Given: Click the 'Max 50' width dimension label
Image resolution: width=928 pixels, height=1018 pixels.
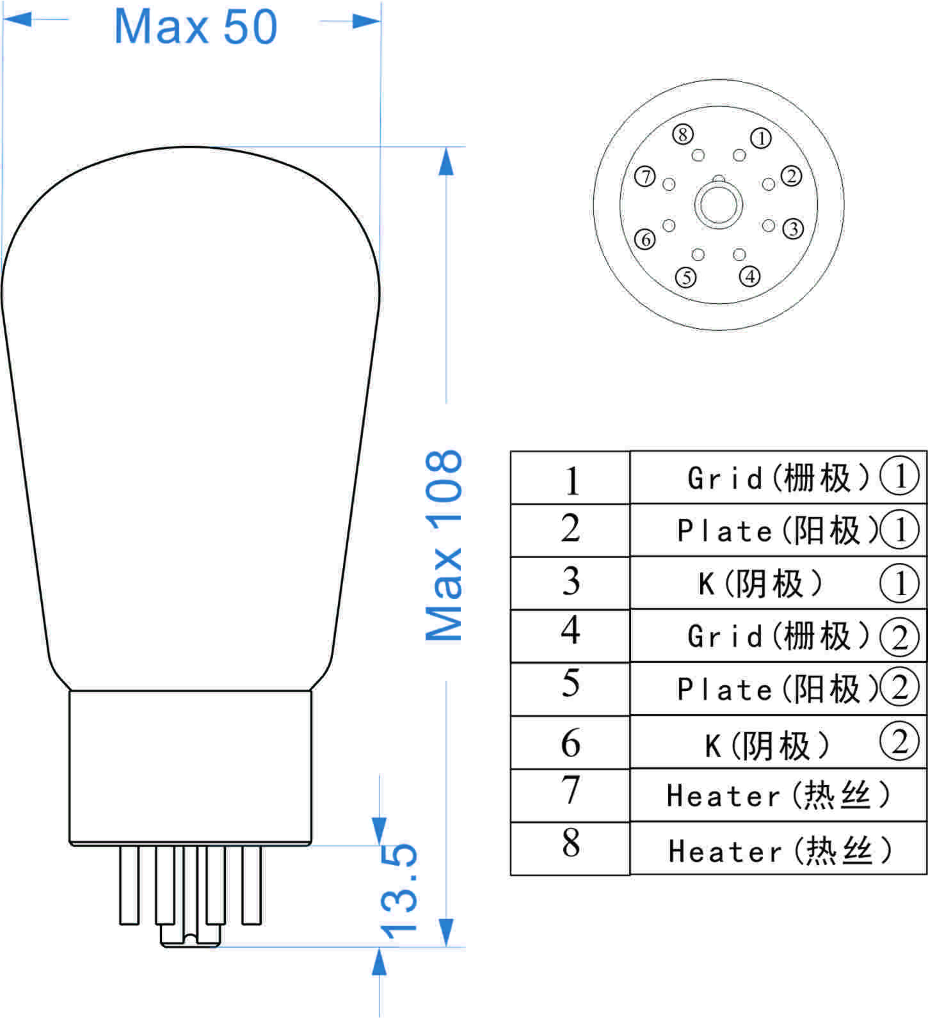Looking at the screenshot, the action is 195,27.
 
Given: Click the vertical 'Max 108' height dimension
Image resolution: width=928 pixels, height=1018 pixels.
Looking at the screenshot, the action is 444,545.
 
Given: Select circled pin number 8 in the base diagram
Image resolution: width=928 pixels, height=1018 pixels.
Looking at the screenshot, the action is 683,134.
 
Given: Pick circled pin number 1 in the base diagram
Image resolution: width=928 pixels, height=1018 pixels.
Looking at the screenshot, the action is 760,138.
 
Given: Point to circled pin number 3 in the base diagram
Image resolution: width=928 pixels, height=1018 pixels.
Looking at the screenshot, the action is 793,228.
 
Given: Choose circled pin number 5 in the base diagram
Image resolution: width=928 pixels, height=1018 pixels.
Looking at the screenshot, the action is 686,278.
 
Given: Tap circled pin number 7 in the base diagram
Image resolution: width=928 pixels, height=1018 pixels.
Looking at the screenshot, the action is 645,177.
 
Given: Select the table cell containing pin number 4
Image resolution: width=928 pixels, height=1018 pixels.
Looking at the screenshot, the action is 570,635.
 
